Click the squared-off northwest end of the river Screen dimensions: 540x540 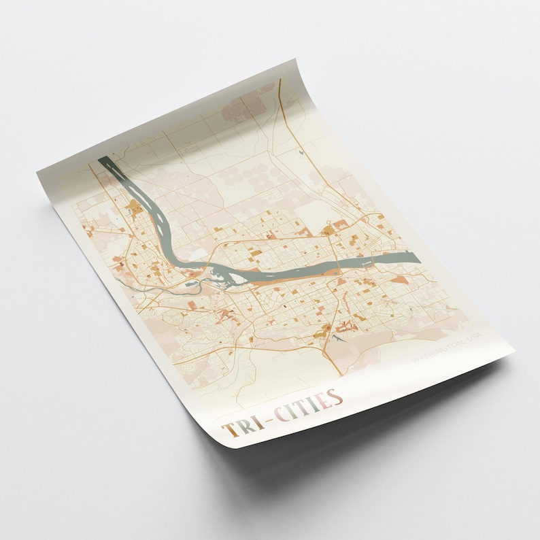click(103, 161)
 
